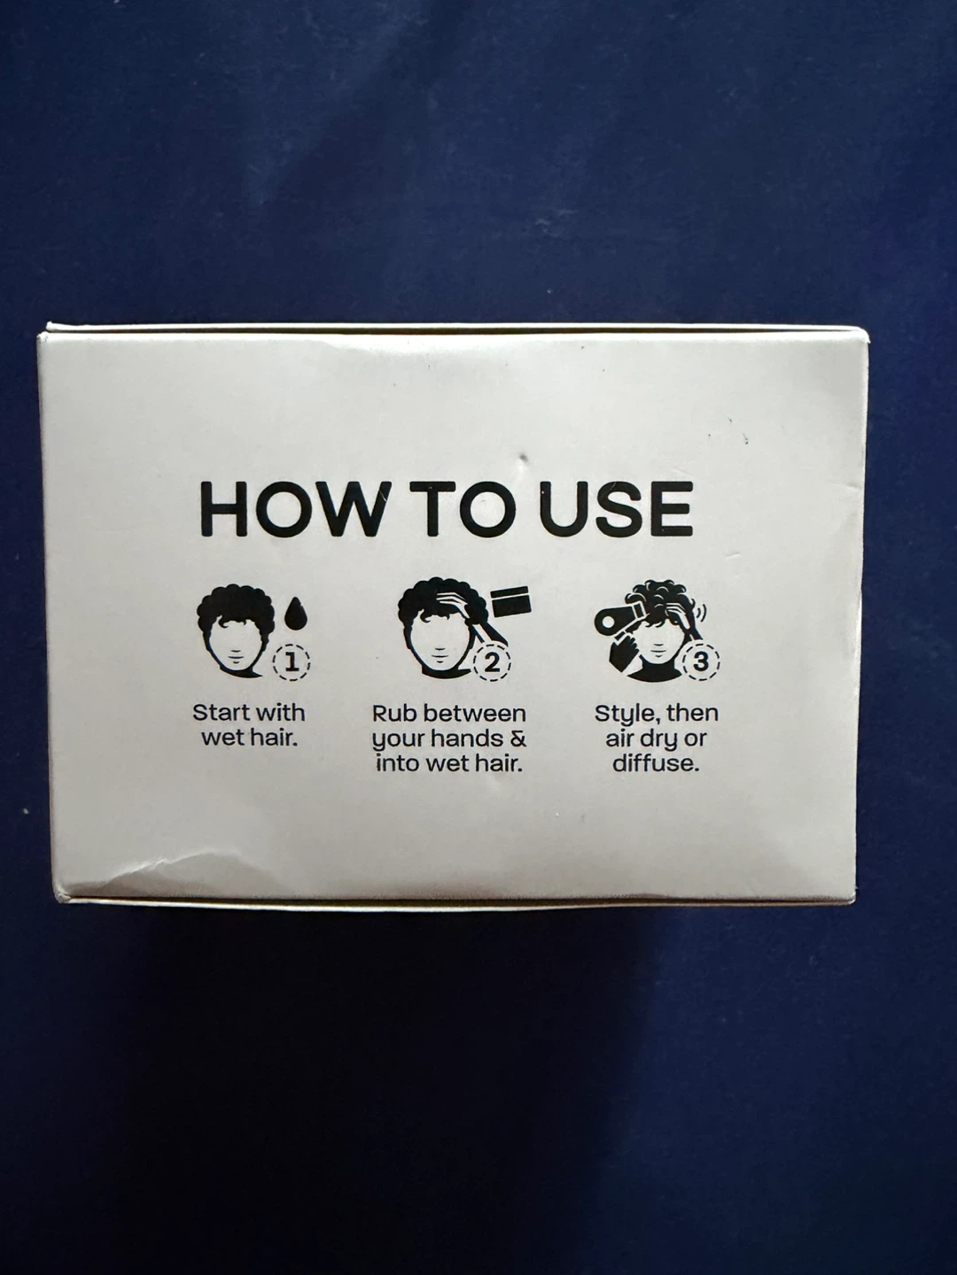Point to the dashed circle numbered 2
click(x=492, y=662)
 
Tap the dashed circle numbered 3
click(x=701, y=662)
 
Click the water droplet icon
click(x=298, y=614)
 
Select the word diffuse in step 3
click(x=656, y=763)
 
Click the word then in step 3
click(x=695, y=713)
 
